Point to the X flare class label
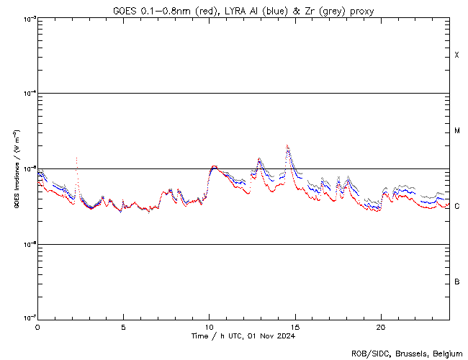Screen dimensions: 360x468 click(457, 55)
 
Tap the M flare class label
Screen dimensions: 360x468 click(457, 131)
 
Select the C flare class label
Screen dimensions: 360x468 click(457, 206)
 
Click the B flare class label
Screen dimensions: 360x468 click(457, 282)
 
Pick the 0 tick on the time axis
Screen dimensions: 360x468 click(37, 326)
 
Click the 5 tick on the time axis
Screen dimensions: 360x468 click(123, 326)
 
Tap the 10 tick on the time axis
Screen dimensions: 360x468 click(209, 326)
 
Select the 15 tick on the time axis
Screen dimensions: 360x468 click(294, 326)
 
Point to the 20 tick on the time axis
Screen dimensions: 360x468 click(380, 326)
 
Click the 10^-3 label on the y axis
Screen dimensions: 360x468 click(29, 19)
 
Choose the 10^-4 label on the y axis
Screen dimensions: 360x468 click(29, 94)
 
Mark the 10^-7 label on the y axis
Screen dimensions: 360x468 click(29, 318)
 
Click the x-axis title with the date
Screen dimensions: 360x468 click(243, 336)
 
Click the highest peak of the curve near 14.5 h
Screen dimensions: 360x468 click(287, 145)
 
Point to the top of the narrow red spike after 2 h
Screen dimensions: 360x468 click(76, 157)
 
